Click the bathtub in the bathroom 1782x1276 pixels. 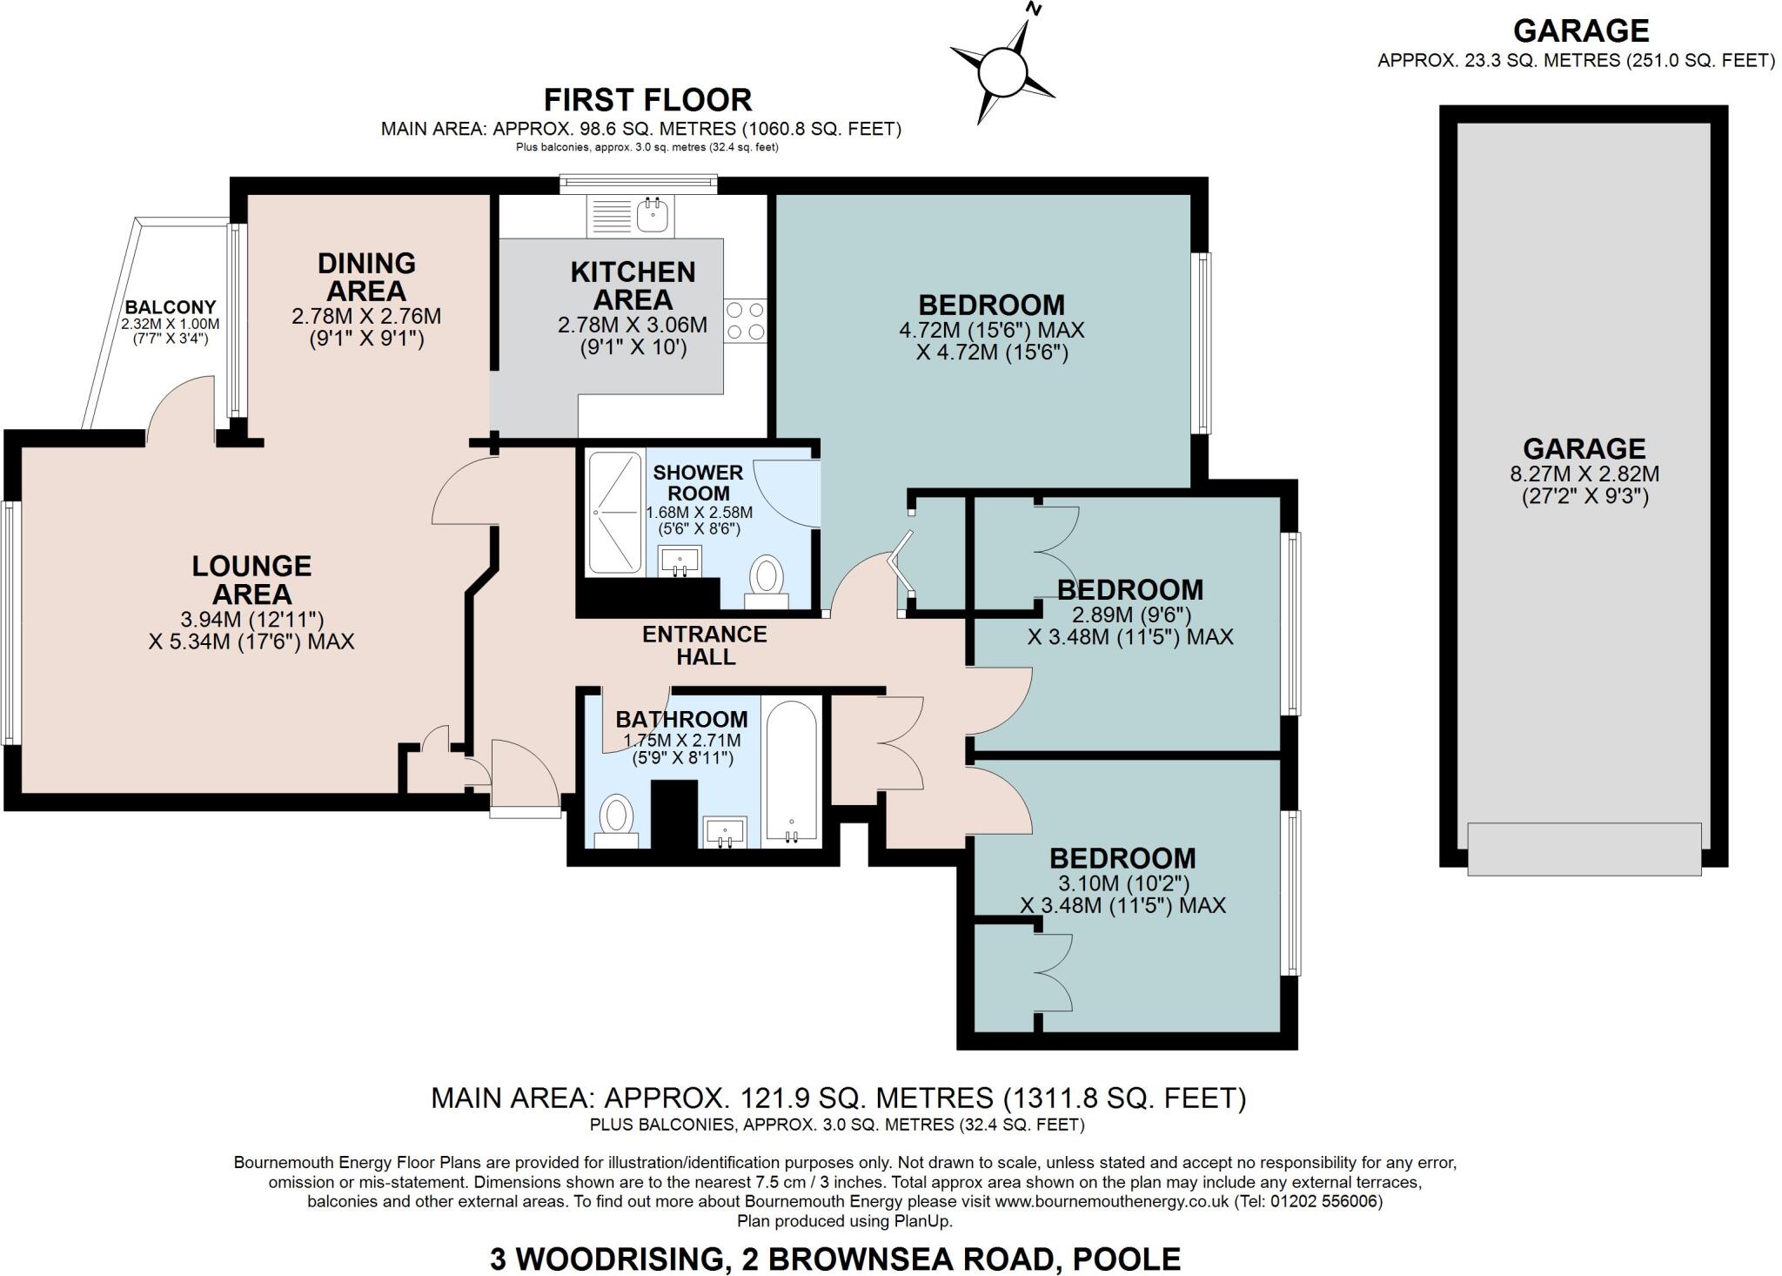791,771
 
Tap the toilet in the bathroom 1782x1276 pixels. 617,821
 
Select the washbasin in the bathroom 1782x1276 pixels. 725,832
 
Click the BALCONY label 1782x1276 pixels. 171,307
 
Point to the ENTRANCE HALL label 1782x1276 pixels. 705,645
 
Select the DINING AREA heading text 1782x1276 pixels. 366,276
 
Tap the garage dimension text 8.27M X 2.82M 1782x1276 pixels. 1584,474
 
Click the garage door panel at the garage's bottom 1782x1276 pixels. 1584,849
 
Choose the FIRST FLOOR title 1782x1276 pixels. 648,100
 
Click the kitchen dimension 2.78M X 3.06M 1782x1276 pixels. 633,326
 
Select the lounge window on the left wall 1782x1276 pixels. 11,623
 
